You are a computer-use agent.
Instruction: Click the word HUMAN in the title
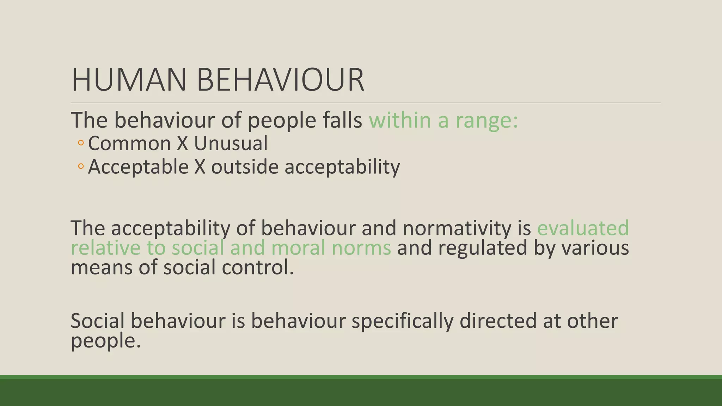tap(129, 80)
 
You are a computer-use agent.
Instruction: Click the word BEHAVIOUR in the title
tap(280, 80)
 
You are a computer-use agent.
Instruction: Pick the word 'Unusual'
tap(231, 144)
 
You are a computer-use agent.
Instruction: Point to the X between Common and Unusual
tap(182, 144)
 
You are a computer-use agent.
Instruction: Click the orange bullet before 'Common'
tap(81, 143)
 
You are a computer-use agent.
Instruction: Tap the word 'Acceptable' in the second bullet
tap(138, 167)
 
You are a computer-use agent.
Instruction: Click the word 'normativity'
tap(457, 228)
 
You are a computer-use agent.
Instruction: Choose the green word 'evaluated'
tap(583, 228)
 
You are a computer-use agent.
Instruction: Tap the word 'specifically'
tap(402, 321)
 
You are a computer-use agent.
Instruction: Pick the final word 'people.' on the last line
tap(105, 341)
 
